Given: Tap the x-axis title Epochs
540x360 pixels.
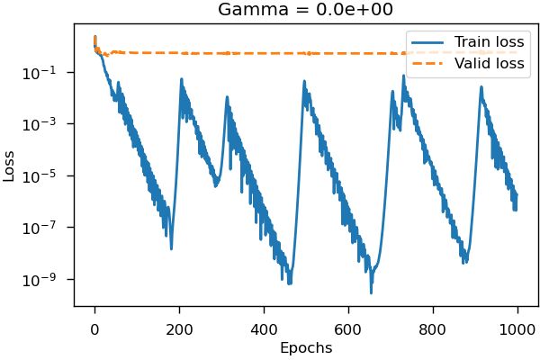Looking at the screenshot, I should pyautogui.click(x=306, y=347).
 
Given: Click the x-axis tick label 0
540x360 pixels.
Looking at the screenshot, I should pyautogui.click(x=94, y=328).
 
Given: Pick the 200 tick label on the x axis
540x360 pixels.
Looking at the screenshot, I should pyautogui.click(x=179, y=328).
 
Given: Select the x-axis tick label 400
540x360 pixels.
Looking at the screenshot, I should pyautogui.click(x=264, y=328).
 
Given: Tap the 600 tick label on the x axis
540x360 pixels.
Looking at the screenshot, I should pyautogui.click(x=348, y=328).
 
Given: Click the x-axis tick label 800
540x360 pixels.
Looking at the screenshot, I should pyautogui.click(x=433, y=328).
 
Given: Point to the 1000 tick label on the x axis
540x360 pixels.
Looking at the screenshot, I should pyautogui.click(x=517, y=328).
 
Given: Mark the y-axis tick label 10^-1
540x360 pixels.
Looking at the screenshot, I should pyautogui.click(x=49, y=73).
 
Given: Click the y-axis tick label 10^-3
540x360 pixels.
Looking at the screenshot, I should pyautogui.click(x=49, y=124).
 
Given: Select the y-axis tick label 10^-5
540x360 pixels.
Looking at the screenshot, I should pyautogui.click(x=49, y=175).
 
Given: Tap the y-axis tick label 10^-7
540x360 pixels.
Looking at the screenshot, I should pyautogui.click(x=49, y=228).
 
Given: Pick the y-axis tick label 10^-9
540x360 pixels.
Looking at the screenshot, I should pyautogui.click(x=49, y=279).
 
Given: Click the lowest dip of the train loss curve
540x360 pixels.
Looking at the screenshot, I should pyautogui.click(x=371, y=292).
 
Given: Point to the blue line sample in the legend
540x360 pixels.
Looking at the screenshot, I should pyautogui.click(x=429, y=41).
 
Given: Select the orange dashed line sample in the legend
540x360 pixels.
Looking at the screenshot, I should pyautogui.click(x=429, y=63).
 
